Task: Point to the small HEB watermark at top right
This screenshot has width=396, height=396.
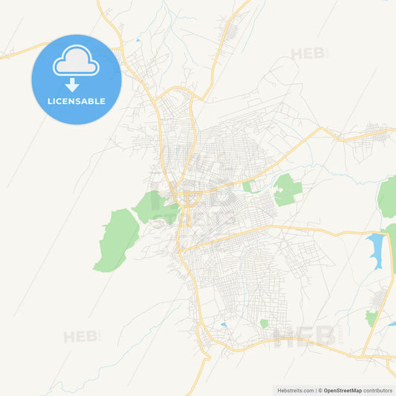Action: click(308, 54)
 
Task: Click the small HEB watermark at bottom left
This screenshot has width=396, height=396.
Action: click(81, 337)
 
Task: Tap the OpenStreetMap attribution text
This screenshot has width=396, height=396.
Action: click(343, 390)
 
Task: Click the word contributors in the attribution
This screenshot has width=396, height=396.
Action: click(378, 390)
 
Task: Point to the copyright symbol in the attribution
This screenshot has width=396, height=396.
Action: click(320, 390)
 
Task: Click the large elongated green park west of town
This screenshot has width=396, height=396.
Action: click(117, 239)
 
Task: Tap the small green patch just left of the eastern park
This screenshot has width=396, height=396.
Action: click(247, 186)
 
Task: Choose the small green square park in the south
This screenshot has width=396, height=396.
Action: click(264, 324)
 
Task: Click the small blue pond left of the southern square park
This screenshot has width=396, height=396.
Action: click(224, 325)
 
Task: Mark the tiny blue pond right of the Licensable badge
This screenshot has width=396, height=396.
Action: click(137, 39)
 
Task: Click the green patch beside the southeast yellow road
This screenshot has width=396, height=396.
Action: click(371, 318)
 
